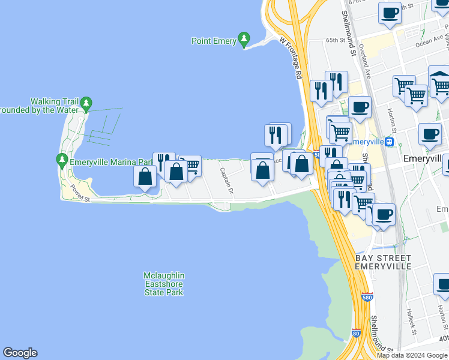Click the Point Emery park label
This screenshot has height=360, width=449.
coord(214,41)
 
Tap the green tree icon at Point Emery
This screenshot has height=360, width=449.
coord(244,40)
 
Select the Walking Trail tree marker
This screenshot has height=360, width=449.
coord(86,105)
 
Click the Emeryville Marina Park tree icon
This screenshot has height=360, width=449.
coord(62,161)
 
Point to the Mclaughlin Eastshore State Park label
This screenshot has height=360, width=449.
coord(163,284)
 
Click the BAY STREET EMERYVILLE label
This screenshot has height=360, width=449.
coord(383,262)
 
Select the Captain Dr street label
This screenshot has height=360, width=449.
coord(226,181)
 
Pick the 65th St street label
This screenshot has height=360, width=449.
coord(336,40)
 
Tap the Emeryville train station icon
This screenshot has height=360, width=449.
coord(390,142)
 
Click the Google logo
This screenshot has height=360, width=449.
coord(20,353)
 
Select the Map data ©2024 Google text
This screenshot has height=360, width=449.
coord(412,355)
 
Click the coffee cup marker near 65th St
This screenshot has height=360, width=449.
coord(390,12)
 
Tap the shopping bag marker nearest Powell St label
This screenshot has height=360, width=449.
coord(145,176)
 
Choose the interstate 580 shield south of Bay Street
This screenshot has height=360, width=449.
coord(367,297)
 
